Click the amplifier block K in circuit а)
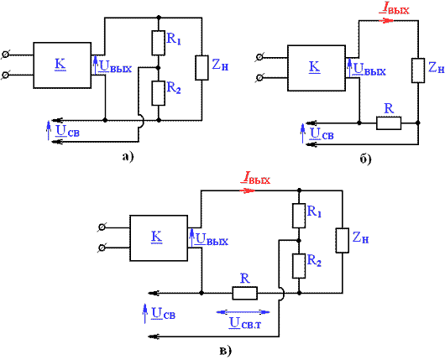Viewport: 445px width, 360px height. click(62, 65)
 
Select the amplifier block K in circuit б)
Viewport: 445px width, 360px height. click(317, 68)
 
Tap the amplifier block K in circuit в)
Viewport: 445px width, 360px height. click(159, 238)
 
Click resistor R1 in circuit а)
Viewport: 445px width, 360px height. click(159, 43)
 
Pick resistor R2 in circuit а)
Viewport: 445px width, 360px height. click(159, 93)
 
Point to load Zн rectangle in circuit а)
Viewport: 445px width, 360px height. click(202, 68)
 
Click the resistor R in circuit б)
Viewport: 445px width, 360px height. click(389, 123)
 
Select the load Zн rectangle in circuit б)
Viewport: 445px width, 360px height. click(418, 70)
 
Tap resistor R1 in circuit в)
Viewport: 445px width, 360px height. click(299, 216)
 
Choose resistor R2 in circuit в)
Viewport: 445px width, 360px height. click(299, 266)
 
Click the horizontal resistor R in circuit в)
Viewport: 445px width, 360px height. click(245, 293)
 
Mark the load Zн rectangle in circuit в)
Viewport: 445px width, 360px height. click(343, 240)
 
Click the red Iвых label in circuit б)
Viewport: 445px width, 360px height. click(395, 9)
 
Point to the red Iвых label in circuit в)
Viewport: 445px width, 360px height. click(256, 178)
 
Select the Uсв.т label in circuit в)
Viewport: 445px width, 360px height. click(245, 323)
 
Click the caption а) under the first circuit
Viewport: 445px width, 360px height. click(128, 157)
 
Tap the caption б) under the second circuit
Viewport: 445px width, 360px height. click(366, 159)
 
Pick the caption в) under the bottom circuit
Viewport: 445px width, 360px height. click(226, 352)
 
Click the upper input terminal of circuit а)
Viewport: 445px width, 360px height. click(5, 55)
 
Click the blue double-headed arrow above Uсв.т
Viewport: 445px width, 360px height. click(243, 312)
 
